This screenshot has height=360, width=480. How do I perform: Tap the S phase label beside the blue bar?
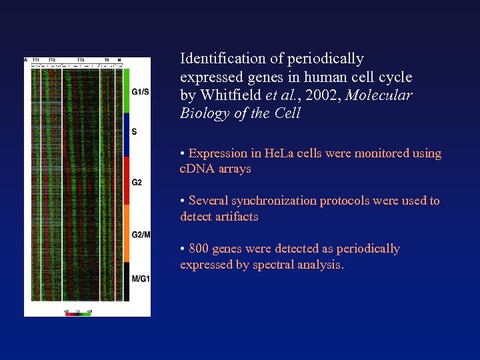click(x=135, y=131)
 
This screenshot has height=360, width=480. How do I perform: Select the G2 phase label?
click(x=137, y=182)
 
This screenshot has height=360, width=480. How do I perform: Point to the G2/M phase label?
click(x=141, y=234)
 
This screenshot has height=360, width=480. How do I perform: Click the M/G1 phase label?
click(x=141, y=278)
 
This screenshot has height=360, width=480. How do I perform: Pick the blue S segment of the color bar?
click(x=127, y=135)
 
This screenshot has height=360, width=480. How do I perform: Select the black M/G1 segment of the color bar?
click(x=127, y=281)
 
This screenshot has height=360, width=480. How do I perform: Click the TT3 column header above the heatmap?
click(x=80, y=61)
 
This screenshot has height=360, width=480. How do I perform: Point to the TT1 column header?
click(x=35, y=61)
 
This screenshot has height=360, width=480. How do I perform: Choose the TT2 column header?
click(x=51, y=61)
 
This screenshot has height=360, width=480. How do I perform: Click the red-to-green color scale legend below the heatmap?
click(x=77, y=313)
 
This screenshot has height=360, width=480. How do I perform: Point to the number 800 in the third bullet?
click(x=199, y=249)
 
